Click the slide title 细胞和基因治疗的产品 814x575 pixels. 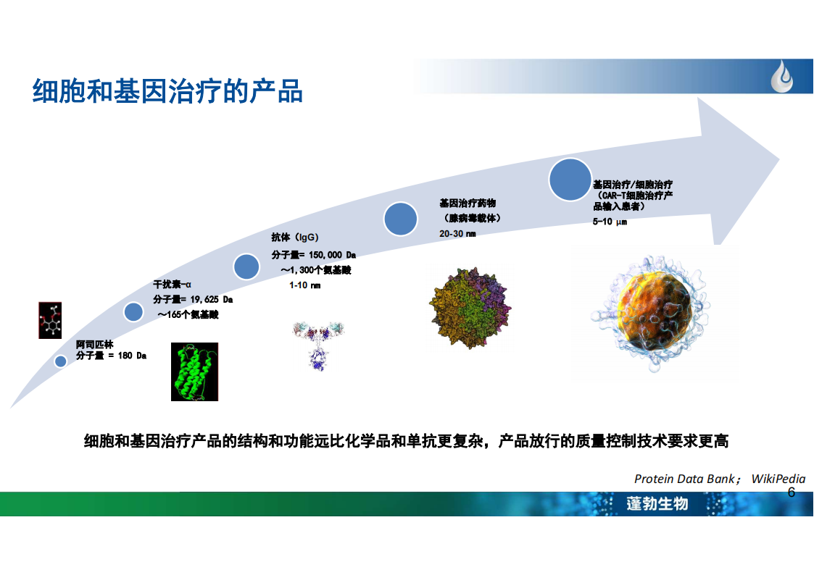pos(167,91)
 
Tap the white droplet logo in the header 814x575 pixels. pos(782,77)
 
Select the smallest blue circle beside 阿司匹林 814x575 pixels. pos(61,361)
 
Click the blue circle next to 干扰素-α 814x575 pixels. pos(133,311)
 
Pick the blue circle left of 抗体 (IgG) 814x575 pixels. pos(246,266)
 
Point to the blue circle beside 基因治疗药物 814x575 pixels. pos(400,219)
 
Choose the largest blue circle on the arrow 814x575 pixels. pos(570,180)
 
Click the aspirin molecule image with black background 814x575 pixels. pos(50,320)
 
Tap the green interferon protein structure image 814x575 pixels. pos(195,372)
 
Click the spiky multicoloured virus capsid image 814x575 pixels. pos(470,308)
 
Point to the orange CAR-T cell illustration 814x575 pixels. pos(651,313)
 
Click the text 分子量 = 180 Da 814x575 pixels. pos(111,355)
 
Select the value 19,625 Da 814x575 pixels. pos(211,299)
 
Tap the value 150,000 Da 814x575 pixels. pos(332,255)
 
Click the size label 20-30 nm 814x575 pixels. pos(457,234)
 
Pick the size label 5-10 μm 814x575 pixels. pos(610,222)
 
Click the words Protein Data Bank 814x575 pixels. pos(684,479)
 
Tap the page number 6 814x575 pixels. pos(791,492)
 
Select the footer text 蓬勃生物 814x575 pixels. pos(657,503)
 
